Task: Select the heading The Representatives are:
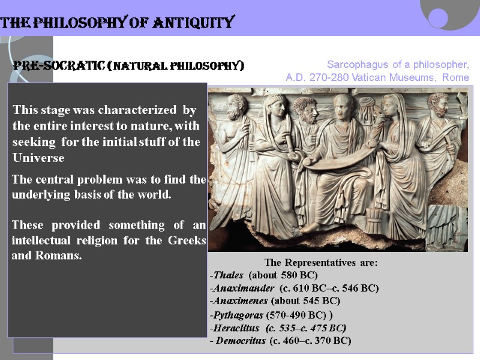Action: (x=320, y=263)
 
